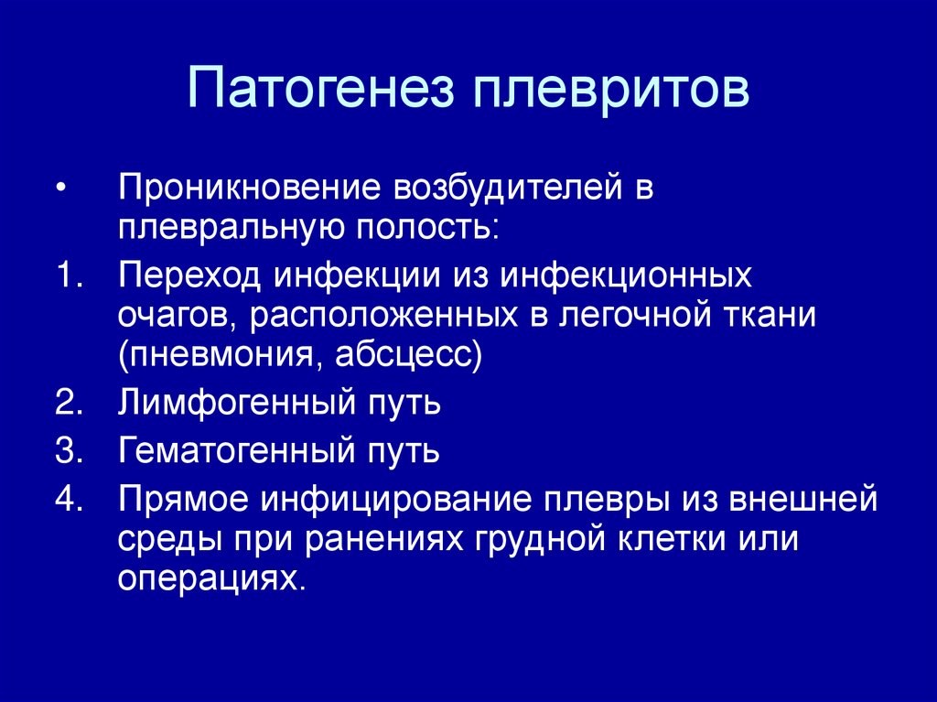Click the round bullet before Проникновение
pyautogui.click(x=60, y=188)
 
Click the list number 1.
pyautogui.click(x=70, y=275)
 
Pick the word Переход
pyautogui.click(x=189, y=276)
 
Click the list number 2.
pyautogui.click(x=69, y=403)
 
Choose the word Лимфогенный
pyautogui.click(x=236, y=403)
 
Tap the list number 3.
pyautogui.click(x=69, y=451)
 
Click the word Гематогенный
pyautogui.click(x=237, y=451)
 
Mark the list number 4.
pyautogui.click(x=69, y=500)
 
